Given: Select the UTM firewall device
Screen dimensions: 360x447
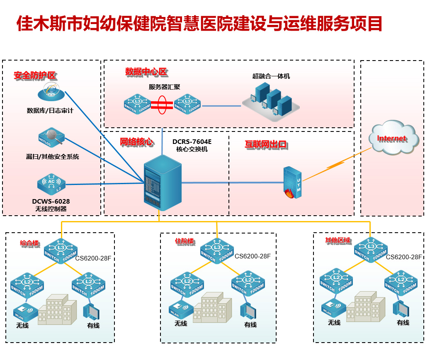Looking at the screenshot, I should pyautogui.click(x=292, y=182).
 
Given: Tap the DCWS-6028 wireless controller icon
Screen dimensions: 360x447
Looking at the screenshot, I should pyautogui.click(x=51, y=184).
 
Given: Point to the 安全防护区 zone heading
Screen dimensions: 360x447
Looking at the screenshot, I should pyautogui.click(x=35, y=75).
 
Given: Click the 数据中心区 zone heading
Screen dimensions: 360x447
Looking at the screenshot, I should pyautogui.click(x=146, y=72).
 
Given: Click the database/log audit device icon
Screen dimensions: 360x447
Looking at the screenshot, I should pyautogui.click(x=51, y=92).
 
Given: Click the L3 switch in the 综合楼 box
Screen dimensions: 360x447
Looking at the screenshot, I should pyautogui.click(x=61, y=250).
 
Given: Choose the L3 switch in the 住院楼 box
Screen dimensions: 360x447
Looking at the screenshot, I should pyautogui.click(x=217, y=250).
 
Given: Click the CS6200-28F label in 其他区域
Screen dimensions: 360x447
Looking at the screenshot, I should pyautogui.click(x=403, y=257).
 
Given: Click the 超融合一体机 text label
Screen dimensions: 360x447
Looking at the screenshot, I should pyautogui.click(x=271, y=76).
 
